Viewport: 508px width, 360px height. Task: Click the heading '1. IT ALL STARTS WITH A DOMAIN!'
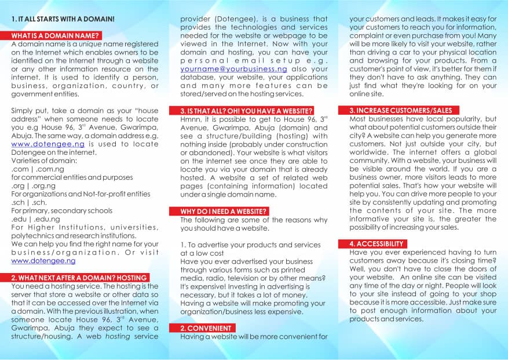(x=63, y=19)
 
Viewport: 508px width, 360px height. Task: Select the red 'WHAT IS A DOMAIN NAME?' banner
(x=55, y=36)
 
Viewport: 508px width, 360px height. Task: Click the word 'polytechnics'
(x=33, y=236)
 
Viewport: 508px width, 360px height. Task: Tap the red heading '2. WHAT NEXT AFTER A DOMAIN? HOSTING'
(x=79, y=278)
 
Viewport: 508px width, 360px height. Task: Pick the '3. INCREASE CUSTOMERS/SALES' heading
(x=400, y=110)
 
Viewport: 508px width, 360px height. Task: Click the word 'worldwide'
(x=367, y=152)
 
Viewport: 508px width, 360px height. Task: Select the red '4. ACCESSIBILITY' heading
(x=376, y=244)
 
